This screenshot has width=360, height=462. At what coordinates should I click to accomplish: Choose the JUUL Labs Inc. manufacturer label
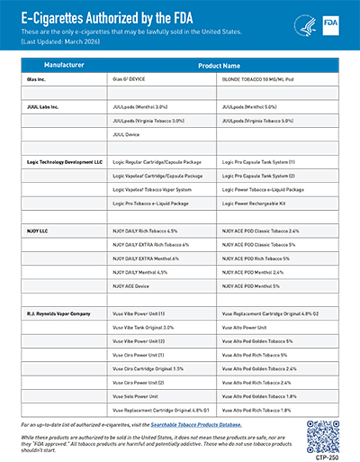(41, 106)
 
